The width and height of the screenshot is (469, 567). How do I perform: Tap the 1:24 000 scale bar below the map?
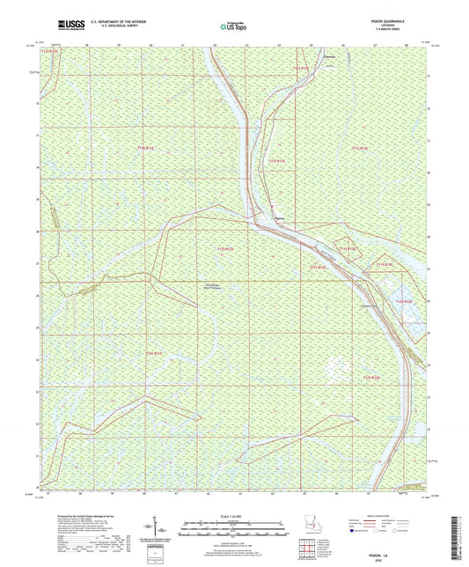233,529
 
